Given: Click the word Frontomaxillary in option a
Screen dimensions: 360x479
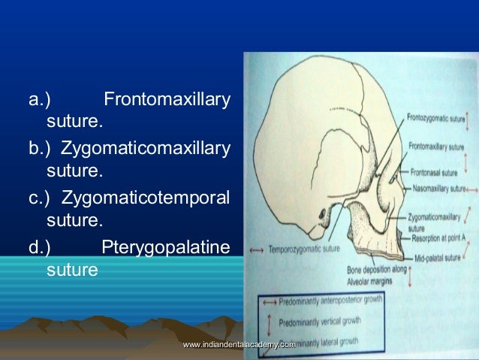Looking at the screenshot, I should pos(166,98).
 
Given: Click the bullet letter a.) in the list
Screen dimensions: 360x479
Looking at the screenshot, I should pos(38,98).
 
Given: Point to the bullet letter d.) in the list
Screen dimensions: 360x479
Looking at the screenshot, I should pos(38,247).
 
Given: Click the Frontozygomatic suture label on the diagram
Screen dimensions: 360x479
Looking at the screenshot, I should pos(436,118).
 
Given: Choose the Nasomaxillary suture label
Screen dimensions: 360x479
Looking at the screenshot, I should pos(438,187).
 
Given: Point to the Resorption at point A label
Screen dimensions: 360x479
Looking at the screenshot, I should pos(438,236).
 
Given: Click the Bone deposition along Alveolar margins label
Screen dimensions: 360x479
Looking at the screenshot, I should pos(375,273).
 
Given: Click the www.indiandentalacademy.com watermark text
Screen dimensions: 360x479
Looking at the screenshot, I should pos(238,343).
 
